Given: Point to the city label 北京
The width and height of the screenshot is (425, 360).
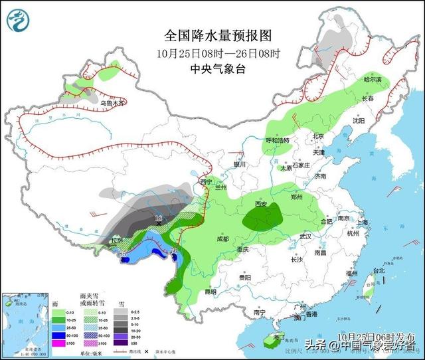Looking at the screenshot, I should pyautogui.click(x=319, y=136).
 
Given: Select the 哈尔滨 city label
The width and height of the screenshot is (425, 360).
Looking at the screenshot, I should pyautogui.click(x=373, y=80).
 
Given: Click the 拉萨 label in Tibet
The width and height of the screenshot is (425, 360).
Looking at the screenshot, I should pyautogui.click(x=118, y=240).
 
